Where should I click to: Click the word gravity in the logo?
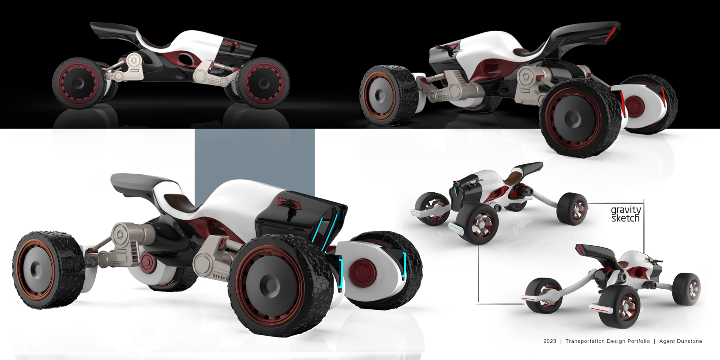(x=626, y=210)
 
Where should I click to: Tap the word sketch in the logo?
(x=625, y=218)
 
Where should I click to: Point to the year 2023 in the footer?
(x=550, y=341)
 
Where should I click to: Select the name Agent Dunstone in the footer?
(x=681, y=341)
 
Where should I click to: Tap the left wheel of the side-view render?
(x=79, y=83)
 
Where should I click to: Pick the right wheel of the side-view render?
(x=264, y=83)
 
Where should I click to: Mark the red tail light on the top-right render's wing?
(x=611, y=33)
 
